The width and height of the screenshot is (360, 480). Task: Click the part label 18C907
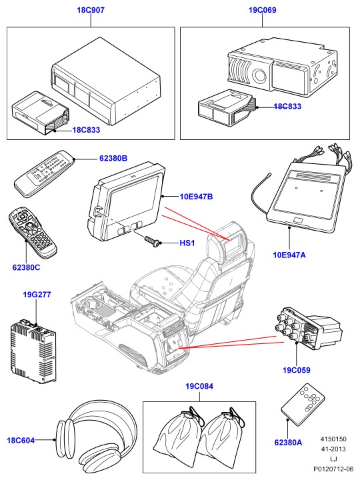[91, 10]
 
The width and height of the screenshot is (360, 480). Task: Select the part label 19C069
[263, 10]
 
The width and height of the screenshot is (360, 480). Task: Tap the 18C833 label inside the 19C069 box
[287, 107]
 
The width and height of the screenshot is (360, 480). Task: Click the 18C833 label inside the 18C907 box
[86, 130]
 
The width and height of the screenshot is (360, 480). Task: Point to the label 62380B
[113, 159]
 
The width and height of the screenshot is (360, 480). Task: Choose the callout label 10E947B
[196, 197]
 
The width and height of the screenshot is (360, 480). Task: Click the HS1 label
[187, 243]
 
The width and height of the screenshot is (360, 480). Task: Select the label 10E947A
[289, 255]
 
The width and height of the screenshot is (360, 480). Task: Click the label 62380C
[26, 267]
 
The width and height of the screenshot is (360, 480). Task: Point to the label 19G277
[37, 295]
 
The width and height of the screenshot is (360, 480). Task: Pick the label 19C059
[296, 370]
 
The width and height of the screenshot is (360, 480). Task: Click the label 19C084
[199, 386]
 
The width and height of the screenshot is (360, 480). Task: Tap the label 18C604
[21, 441]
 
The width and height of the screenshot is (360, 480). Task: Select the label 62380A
[288, 443]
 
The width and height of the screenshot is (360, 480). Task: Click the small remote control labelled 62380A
[303, 405]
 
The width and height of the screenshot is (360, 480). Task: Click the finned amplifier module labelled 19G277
[33, 352]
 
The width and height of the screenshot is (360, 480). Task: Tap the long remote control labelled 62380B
[45, 173]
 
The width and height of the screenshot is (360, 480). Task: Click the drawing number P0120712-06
[333, 469]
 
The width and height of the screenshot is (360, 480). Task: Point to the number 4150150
[333, 439]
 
